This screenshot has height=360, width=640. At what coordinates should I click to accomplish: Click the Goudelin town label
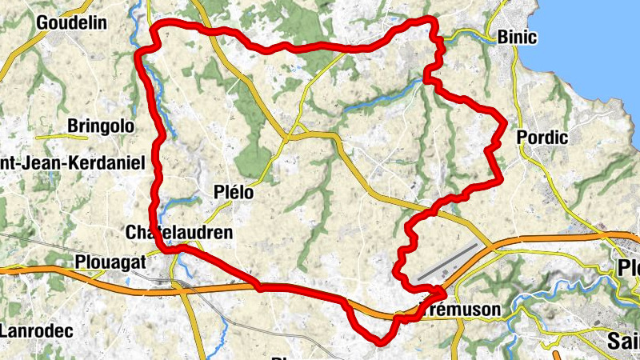[72, 22]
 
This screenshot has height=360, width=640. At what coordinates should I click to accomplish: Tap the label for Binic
[517, 37]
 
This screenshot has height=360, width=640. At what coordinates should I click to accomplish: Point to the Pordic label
[542, 138]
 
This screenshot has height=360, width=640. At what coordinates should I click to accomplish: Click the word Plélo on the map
[234, 192]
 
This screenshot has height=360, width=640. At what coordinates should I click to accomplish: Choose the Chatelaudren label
[179, 232]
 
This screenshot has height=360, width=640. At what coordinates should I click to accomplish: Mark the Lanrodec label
[37, 330]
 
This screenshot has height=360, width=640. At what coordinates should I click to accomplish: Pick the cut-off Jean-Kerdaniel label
[72, 163]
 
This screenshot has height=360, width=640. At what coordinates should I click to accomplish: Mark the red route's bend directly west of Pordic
[502, 122]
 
